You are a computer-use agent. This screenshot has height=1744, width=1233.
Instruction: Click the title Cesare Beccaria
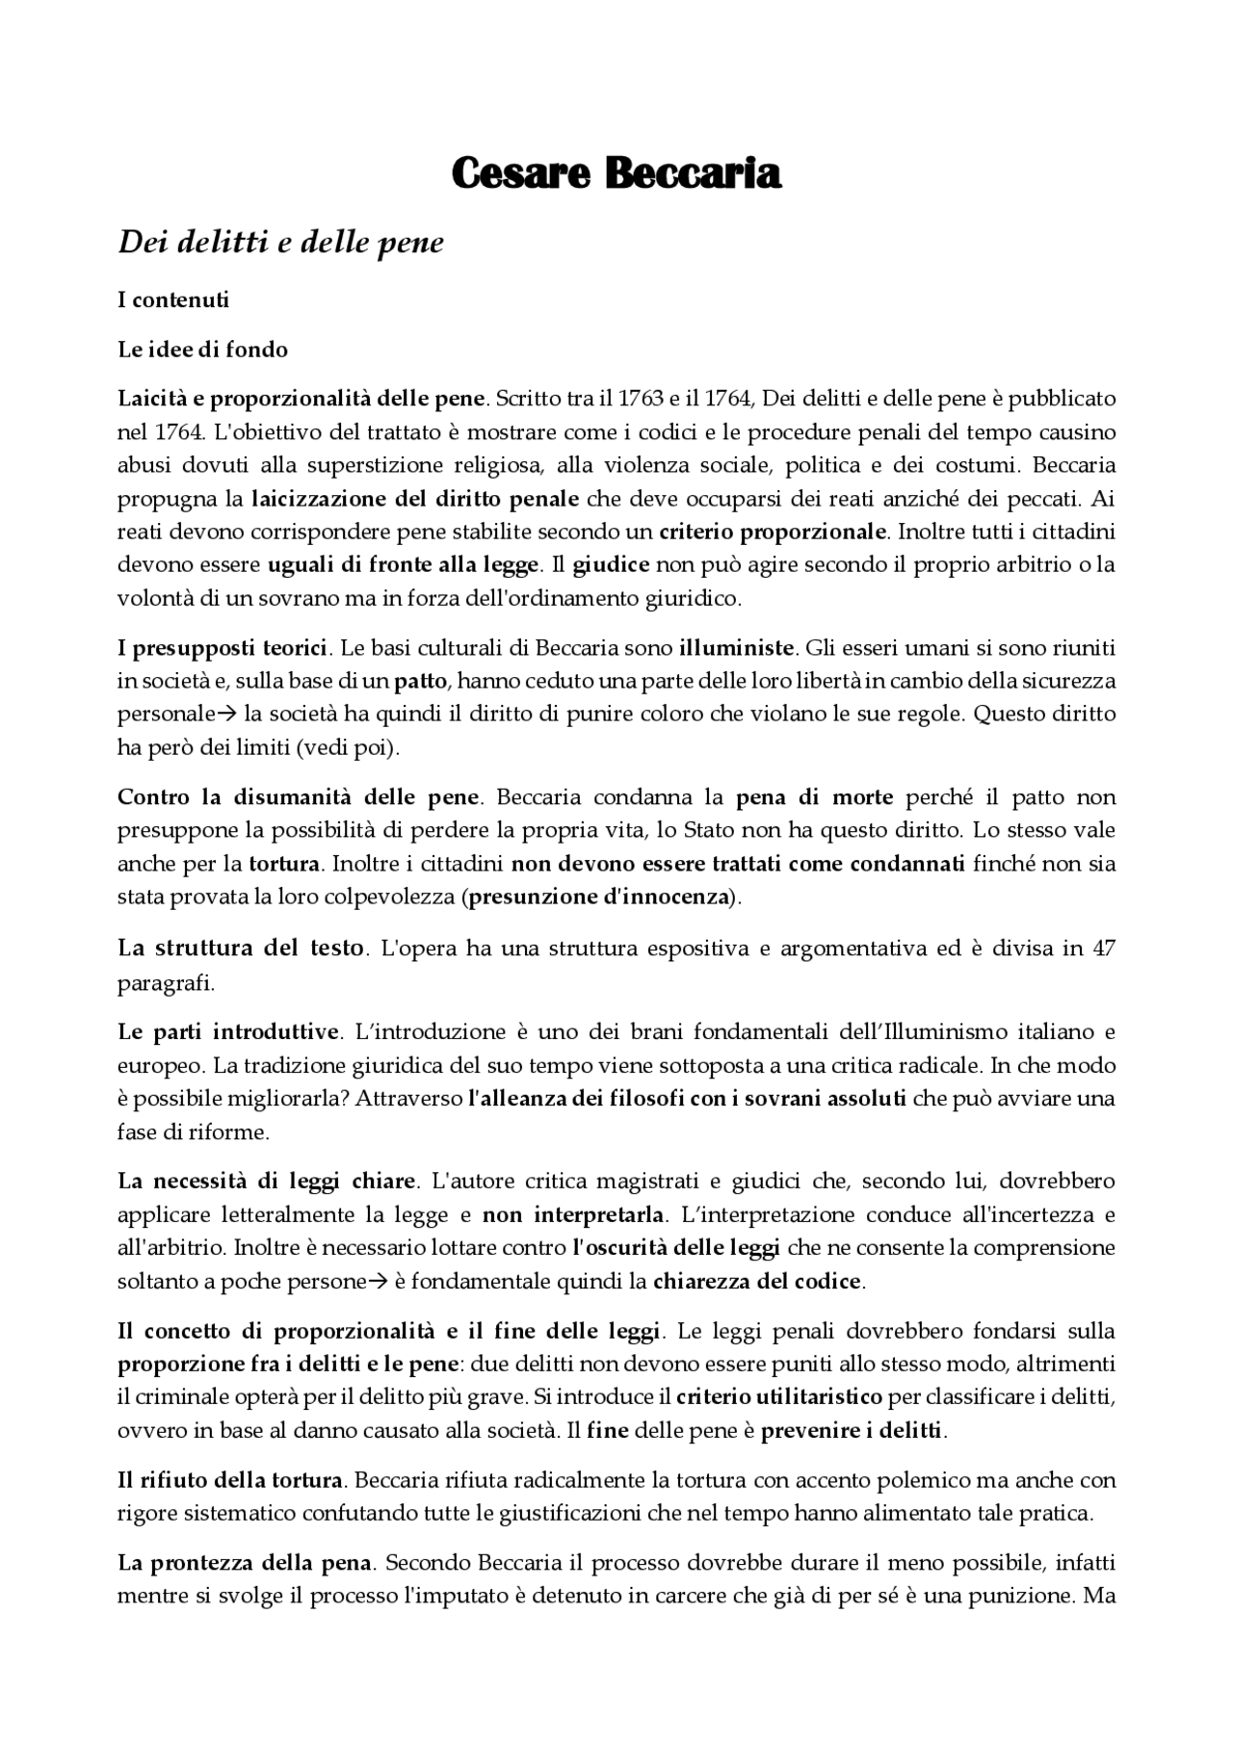point(616,174)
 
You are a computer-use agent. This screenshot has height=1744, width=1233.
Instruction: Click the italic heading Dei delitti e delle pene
point(280,242)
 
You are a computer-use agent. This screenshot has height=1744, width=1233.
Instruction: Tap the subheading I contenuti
point(173,299)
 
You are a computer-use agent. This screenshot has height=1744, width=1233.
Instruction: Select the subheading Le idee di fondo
point(202,350)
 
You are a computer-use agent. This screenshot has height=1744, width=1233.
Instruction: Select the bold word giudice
point(612,565)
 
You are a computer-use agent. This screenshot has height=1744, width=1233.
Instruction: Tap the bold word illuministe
point(737,647)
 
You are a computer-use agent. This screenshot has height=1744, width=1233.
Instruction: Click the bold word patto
point(421,682)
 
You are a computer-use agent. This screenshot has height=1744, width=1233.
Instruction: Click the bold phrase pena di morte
point(815,797)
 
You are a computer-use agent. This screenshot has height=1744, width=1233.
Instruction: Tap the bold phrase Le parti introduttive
point(229,1032)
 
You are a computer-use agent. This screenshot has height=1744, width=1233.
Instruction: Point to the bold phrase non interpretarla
point(572,1214)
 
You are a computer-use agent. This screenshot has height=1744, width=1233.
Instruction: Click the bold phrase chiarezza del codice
point(757,1282)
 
